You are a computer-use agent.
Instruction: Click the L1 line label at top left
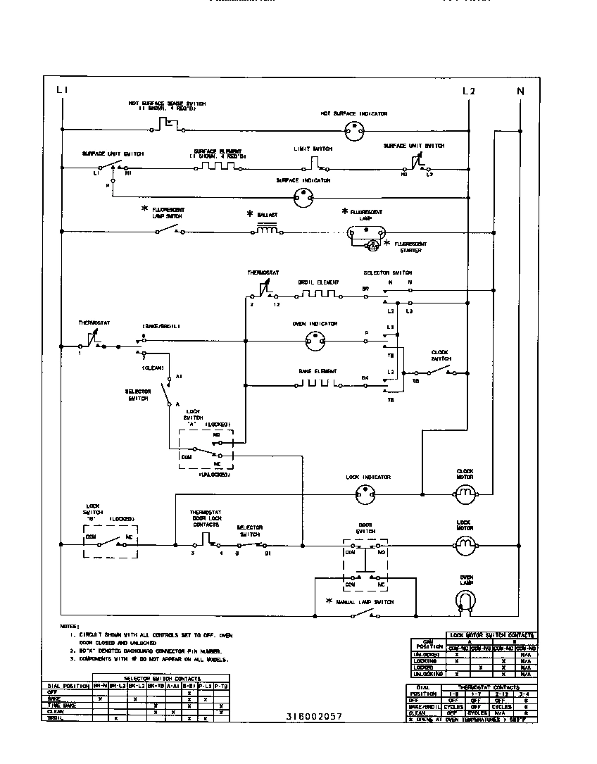tap(62, 90)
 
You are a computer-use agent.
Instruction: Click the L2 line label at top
tap(469, 90)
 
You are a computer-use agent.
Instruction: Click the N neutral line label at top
tap(520, 90)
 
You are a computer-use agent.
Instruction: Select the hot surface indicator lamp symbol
tap(354, 130)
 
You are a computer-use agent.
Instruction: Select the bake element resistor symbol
tap(316, 383)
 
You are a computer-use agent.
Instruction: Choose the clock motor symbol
tap(465, 496)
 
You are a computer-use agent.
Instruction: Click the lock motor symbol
tap(465, 544)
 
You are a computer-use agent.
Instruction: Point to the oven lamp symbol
tap(465, 599)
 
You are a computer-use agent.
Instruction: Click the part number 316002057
tap(314, 716)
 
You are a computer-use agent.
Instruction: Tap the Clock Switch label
tap(440, 355)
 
